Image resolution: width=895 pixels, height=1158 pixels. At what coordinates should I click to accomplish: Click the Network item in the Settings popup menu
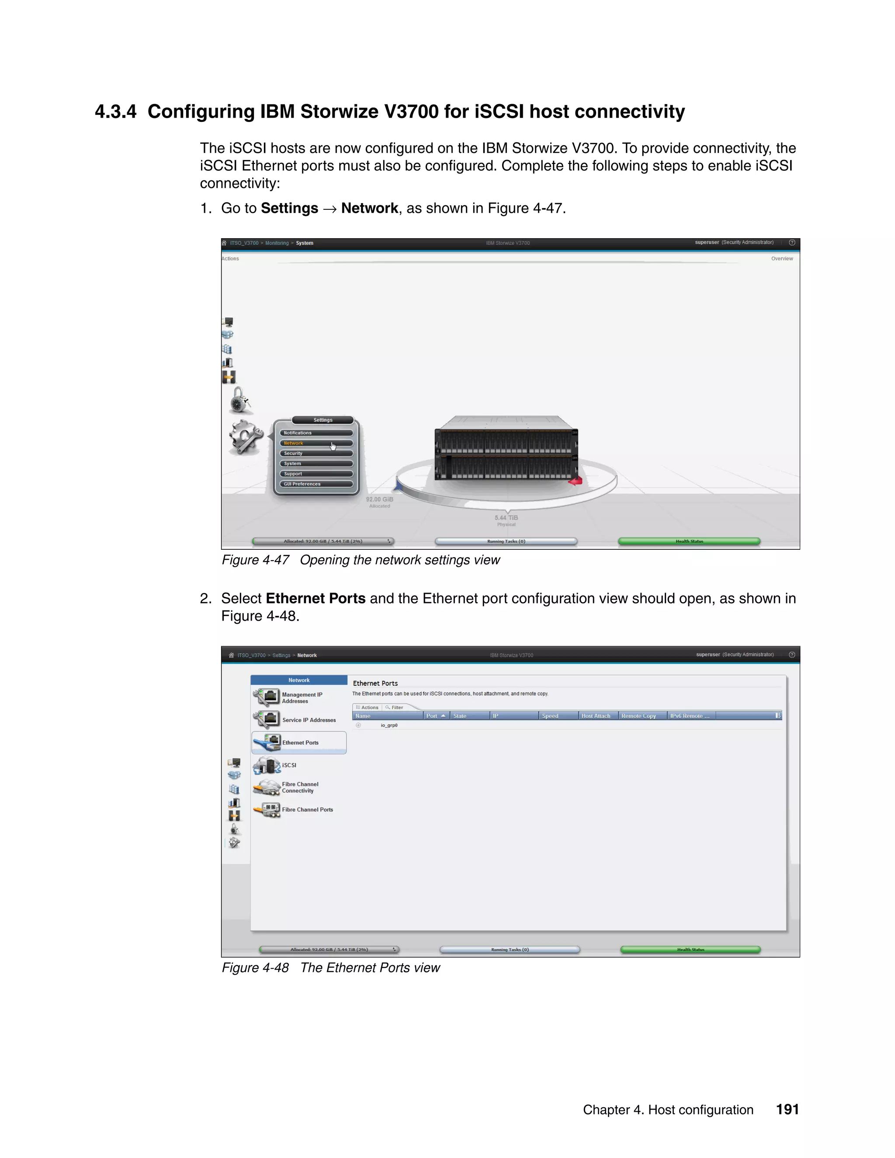[316, 443]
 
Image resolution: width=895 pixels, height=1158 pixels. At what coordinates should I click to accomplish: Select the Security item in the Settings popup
[316, 453]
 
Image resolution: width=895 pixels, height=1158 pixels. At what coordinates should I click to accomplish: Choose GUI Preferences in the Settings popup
[316, 484]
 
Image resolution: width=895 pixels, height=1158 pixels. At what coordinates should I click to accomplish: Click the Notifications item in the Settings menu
[316, 433]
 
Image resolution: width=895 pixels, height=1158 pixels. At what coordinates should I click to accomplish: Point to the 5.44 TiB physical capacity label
[506, 518]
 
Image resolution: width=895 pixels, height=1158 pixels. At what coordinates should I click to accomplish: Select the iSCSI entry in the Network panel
[289, 766]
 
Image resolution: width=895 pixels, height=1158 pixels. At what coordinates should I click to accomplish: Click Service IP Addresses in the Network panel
[309, 720]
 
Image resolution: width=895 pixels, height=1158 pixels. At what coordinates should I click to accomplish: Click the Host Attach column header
[596, 716]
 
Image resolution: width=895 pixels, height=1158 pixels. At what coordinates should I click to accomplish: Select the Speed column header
[550, 716]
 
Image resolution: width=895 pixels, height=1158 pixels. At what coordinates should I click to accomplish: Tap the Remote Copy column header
[638, 716]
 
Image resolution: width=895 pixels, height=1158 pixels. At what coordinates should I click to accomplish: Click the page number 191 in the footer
[787, 1110]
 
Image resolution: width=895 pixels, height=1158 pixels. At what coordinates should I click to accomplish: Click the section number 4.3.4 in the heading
[115, 112]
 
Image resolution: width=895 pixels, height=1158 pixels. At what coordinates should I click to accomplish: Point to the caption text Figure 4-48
[255, 968]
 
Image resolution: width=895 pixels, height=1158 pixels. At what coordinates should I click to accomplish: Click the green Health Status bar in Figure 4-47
[689, 541]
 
